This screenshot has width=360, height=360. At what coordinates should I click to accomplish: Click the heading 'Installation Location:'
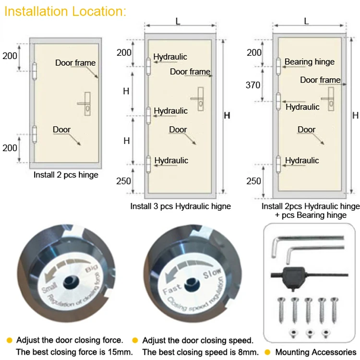[65, 12]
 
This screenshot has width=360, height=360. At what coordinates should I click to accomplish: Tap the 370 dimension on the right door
[253, 85]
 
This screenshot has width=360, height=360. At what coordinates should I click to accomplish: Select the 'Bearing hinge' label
[310, 61]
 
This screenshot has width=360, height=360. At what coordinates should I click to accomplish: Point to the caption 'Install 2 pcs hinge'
[66, 175]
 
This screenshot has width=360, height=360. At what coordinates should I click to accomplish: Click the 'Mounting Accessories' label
[316, 352]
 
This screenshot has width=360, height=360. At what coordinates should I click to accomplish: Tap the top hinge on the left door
[34, 71]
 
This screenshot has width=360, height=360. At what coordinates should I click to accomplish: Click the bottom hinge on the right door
[278, 163]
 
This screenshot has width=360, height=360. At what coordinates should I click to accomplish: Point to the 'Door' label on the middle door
[178, 130]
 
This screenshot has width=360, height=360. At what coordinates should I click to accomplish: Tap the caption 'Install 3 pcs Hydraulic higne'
[180, 206]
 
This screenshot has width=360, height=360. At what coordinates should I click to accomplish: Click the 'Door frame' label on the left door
[75, 63]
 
